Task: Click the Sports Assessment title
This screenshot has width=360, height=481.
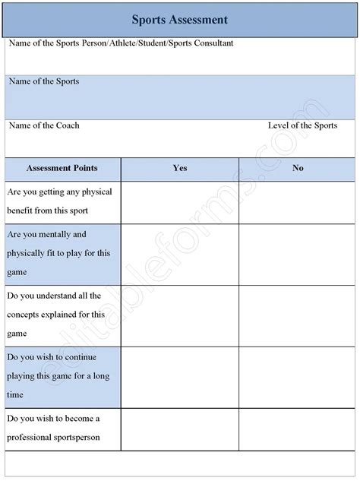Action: point(179,19)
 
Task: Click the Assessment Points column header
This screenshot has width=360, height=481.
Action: point(62,168)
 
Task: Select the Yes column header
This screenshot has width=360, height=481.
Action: point(180,168)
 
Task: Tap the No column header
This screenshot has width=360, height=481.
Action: point(298,168)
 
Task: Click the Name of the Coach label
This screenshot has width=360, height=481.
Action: point(43,125)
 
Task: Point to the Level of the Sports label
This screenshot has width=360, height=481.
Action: point(302,125)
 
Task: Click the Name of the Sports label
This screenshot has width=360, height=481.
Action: point(43,81)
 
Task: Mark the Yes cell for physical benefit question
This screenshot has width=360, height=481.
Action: point(180,202)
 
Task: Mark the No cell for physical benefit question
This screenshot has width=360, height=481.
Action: point(298,202)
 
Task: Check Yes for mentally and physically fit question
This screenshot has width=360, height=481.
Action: point(180,254)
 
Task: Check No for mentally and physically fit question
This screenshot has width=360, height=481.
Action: point(298,254)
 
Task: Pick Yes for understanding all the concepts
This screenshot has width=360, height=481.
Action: point(180,315)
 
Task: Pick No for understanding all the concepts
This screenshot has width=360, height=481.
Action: point(298,315)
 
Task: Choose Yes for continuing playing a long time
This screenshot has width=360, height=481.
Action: point(180,377)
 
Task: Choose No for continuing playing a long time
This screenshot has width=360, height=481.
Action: point(298,377)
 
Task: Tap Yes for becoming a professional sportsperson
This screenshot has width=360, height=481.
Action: point(180,429)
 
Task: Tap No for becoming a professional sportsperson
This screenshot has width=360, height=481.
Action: point(298,429)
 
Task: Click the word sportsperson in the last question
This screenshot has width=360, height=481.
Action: point(74,438)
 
